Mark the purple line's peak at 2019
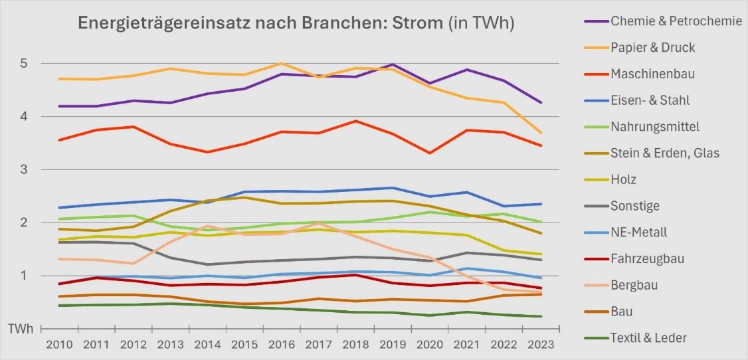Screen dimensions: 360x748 pos(394,64)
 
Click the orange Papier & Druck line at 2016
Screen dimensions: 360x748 pos(283,64)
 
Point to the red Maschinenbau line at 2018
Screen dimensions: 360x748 pos(357,121)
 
